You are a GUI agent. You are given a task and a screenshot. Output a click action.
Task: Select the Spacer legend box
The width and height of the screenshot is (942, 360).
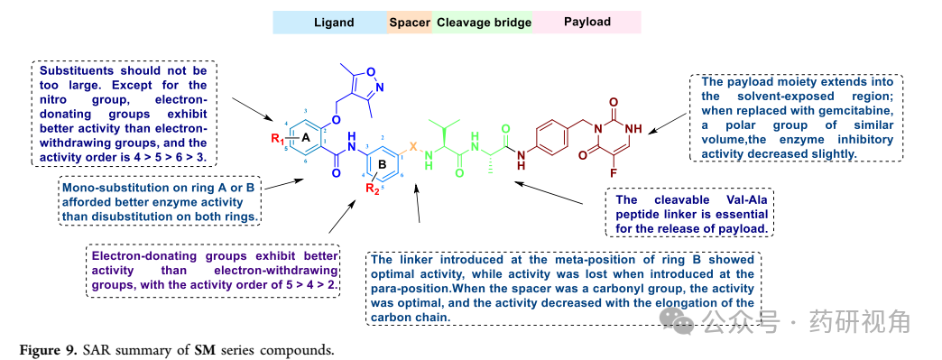coord(410,23)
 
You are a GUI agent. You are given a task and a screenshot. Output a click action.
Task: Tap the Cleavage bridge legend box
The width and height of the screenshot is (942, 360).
coord(483,23)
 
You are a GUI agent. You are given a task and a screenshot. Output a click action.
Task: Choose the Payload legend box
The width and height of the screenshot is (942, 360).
coord(587,23)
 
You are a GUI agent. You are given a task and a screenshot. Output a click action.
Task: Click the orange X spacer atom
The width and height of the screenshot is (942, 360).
coord(412,146)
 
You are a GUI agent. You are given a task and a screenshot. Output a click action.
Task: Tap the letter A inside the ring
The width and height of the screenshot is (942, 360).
coord(305,138)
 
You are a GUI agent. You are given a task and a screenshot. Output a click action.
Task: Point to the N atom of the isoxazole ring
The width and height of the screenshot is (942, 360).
coord(380,88)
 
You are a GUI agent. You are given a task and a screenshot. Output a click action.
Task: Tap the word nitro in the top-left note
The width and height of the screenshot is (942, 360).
coord(55,100)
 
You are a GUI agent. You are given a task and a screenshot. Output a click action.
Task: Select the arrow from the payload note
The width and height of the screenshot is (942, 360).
coord(668,122)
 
